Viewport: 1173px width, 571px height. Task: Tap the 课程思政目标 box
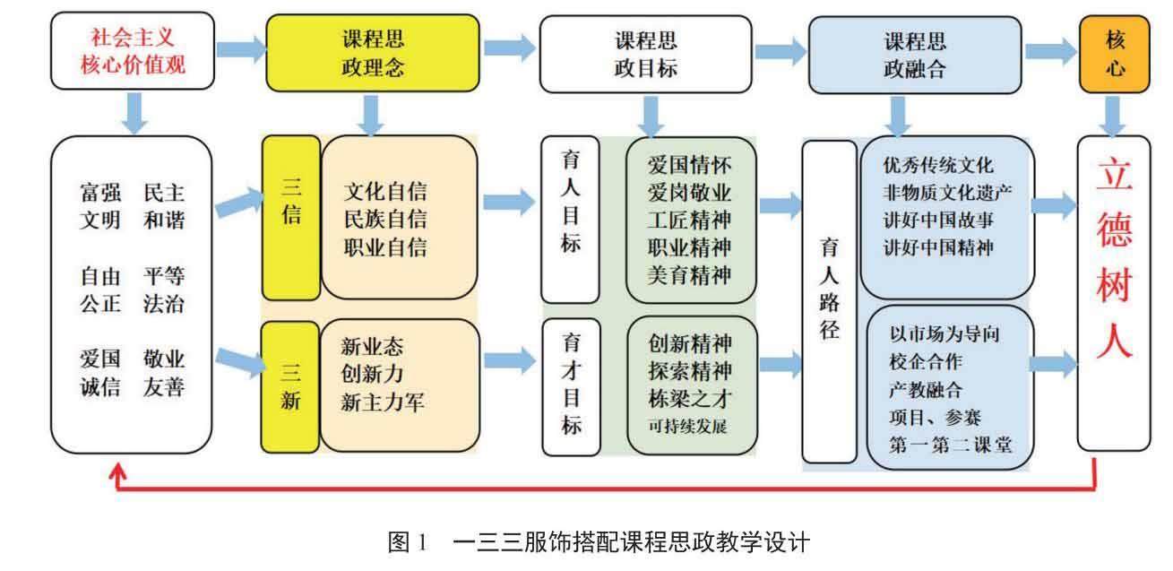[644, 52]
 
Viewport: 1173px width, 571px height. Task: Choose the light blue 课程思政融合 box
[914, 52]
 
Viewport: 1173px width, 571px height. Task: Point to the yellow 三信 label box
[291, 218]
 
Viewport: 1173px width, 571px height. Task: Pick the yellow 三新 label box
[291, 386]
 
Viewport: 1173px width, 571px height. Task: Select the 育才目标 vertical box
[571, 385]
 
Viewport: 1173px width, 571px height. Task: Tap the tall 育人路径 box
[830, 299]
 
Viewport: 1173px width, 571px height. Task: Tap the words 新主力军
[384, 403]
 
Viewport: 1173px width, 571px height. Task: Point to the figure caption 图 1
[410, 542]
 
